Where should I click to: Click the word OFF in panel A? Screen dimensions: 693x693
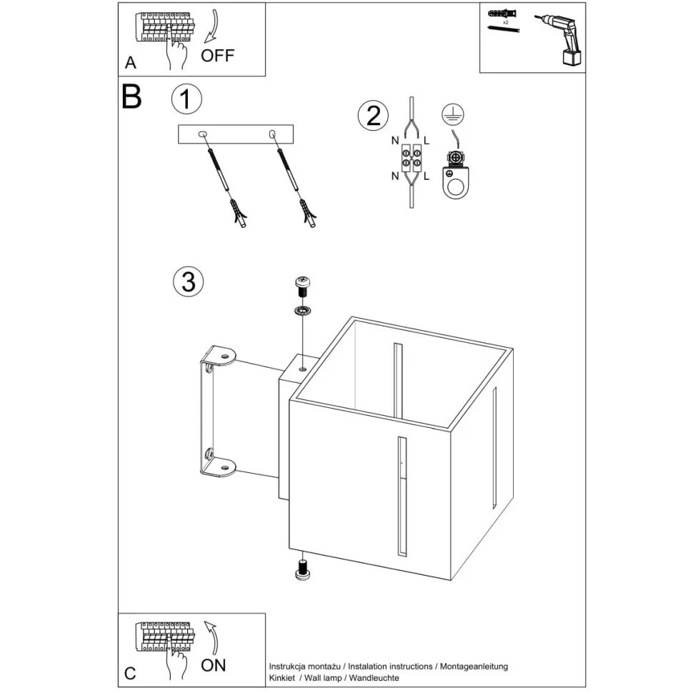[218, 56]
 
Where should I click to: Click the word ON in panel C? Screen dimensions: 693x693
[213, 665]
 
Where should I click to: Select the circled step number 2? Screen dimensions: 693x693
[374, 115]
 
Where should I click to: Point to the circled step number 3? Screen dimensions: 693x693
[189, 281]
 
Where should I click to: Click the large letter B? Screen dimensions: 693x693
[131, 96]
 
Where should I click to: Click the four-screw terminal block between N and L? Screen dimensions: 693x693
[412, 156]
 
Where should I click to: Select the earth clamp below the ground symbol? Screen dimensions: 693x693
[453, 174]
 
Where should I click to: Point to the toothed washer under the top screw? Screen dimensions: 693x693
[303, 311]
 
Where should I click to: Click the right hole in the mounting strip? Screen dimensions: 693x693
[272, 134]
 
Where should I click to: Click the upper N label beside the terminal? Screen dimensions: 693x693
[394, 141]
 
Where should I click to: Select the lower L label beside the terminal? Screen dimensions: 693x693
[427, 175]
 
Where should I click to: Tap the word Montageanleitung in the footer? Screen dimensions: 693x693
[474, 666]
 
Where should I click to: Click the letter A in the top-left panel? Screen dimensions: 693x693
[130, 63]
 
